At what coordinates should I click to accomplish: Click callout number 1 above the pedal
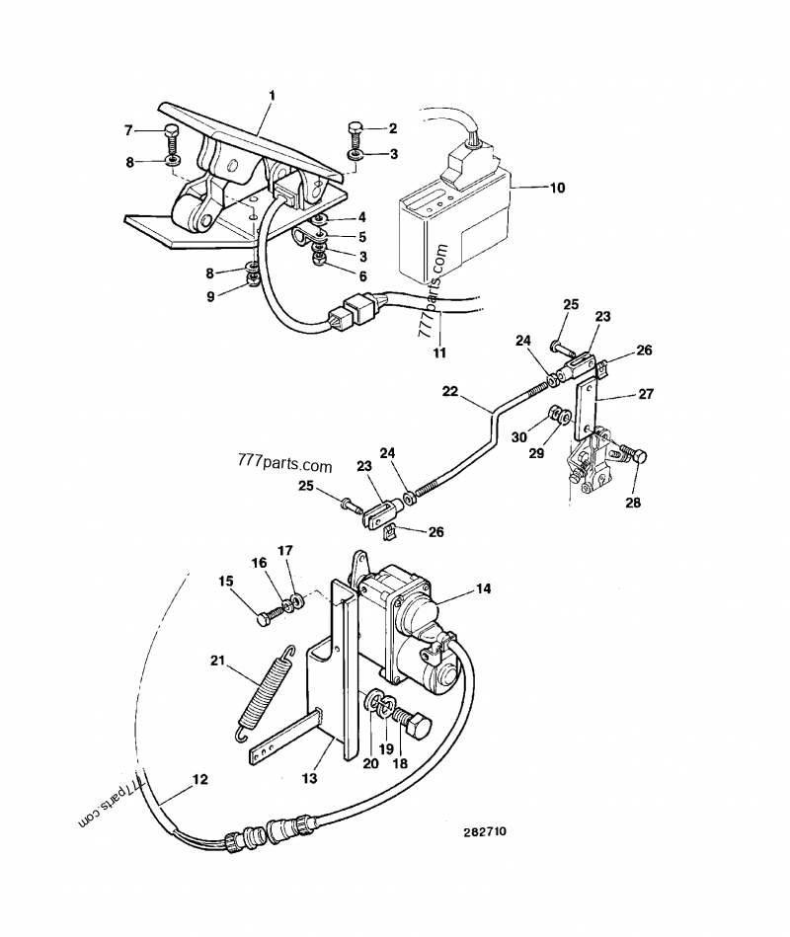click(x=272, y=96)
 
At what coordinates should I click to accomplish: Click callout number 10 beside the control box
click(x=557, y=188)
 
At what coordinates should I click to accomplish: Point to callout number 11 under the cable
click(x=439, y=352)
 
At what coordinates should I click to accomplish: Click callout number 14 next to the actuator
click(x=484, y=588)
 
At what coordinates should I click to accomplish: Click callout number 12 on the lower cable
click(x=200, y=779)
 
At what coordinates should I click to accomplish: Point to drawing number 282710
click(x=484, y=831)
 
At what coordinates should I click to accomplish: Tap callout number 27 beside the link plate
click(x=646, y=394)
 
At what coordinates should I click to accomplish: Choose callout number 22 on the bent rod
click(x=450, y=391)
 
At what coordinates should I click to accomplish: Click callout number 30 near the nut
click(x=518, y=437)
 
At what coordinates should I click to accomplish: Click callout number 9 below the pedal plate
click(x=210, y=296)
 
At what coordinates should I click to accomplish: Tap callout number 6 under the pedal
click(x=362, y=276)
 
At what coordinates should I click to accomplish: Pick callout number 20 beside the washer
click(x=370, y=763)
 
